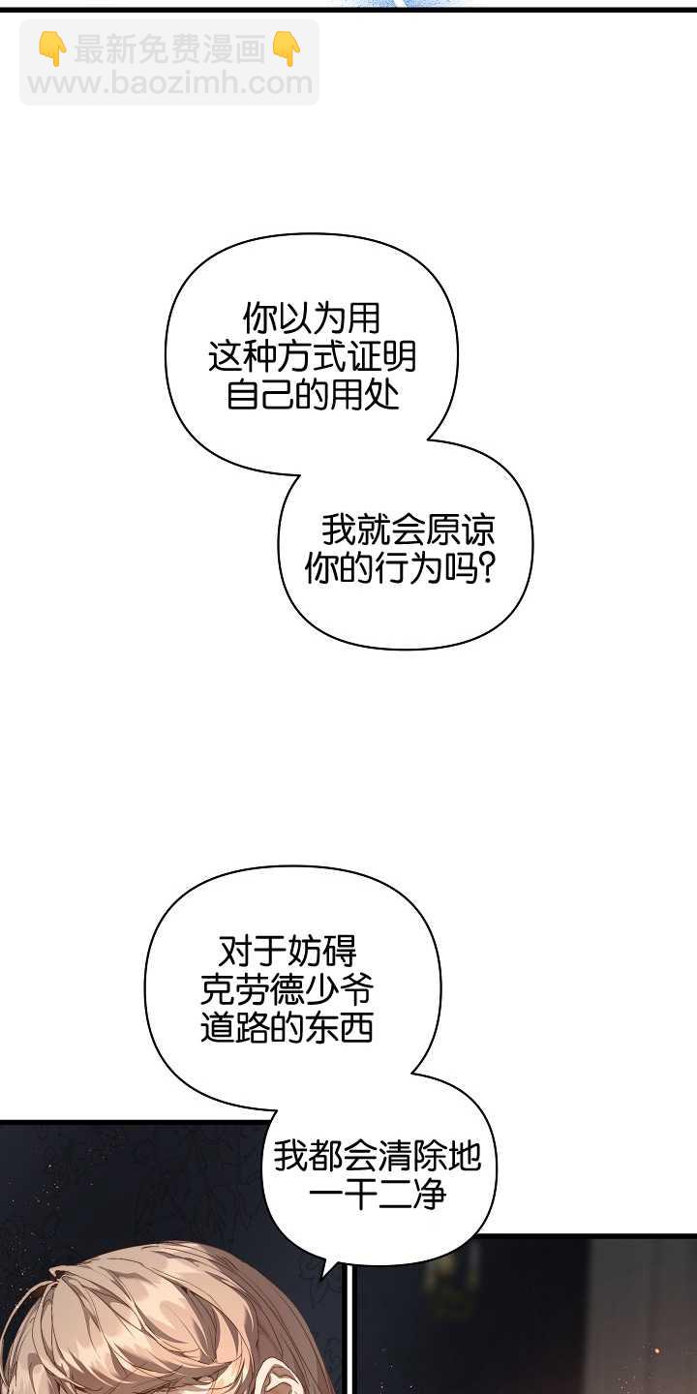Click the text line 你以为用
311,318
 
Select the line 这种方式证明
312,357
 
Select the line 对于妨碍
288,950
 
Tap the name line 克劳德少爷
287,989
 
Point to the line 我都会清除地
377,1156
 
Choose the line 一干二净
377,1196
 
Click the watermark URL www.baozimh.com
169,83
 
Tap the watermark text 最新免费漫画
169,49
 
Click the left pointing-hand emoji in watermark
52,49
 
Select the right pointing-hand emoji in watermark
287,49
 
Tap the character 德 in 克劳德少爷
287,989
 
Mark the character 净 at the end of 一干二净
429,1196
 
